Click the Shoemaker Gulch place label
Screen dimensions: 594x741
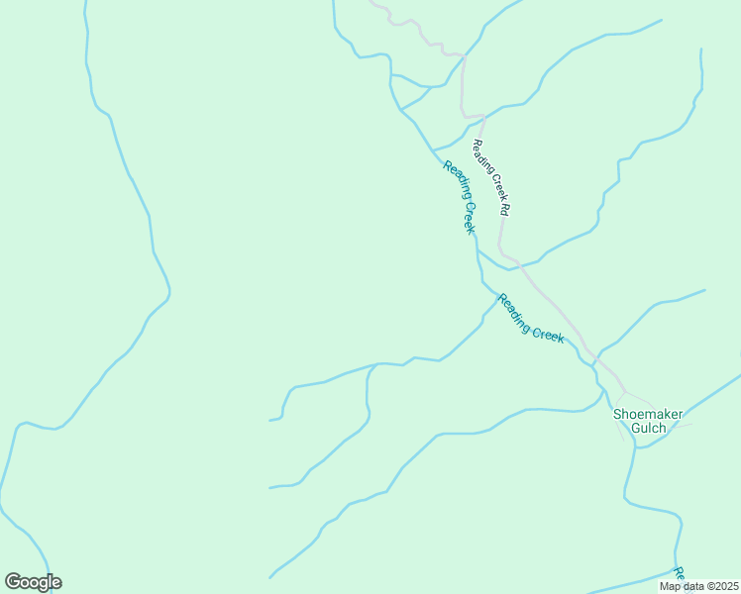[x=650, y=421]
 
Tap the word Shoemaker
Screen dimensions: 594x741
[x=650, y=414]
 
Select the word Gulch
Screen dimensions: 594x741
[x=650, y=429]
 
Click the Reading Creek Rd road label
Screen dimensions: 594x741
[x=490, y=177]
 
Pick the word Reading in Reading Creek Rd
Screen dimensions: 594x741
[x=480, y=156]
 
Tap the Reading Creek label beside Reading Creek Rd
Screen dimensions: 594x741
[x=460, y=196]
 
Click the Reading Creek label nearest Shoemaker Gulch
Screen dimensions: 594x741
[x=531, y=319]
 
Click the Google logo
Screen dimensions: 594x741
[x=33, y=582]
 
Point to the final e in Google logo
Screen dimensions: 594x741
[x=56, y=583]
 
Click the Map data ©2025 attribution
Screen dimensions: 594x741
[x=698, y=586]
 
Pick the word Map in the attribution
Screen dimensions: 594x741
[x=670, y=586]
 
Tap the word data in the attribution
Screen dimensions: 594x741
[x=691, y=586]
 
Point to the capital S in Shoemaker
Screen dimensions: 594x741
[x=618, y=414]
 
